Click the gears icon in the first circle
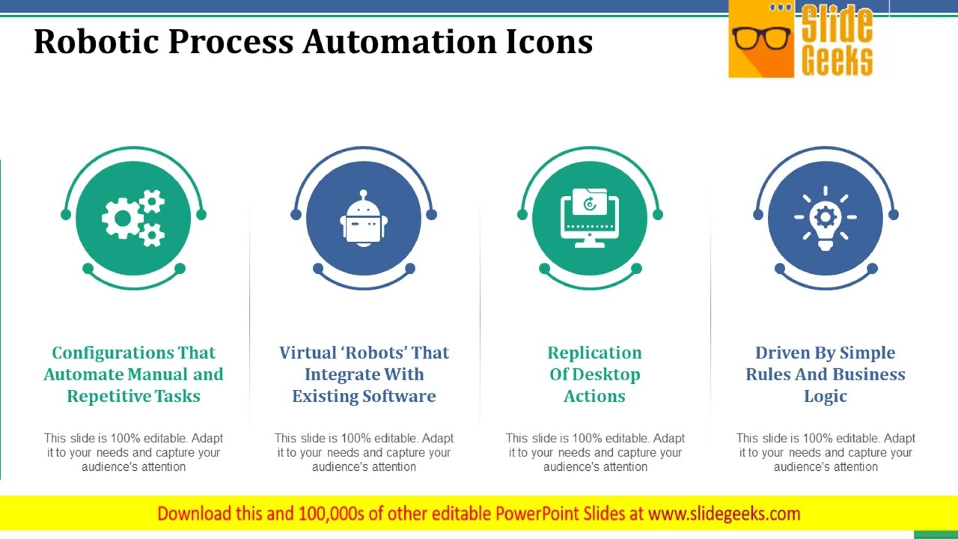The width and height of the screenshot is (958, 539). (133, 218)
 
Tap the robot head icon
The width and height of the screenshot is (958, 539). (364, 218)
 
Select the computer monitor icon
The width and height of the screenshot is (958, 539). (590, 218)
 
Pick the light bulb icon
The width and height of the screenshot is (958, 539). (826, 218)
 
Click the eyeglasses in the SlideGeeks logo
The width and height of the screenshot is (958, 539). (761, 37)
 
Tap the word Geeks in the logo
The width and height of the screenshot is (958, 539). (837, 60)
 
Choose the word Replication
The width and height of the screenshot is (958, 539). (594, 353)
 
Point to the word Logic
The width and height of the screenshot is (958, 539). (825, 396)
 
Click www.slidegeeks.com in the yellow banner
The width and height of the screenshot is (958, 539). (724, 514)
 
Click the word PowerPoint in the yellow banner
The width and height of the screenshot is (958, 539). (540, 514)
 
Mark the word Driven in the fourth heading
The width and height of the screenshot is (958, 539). (781, 353)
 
